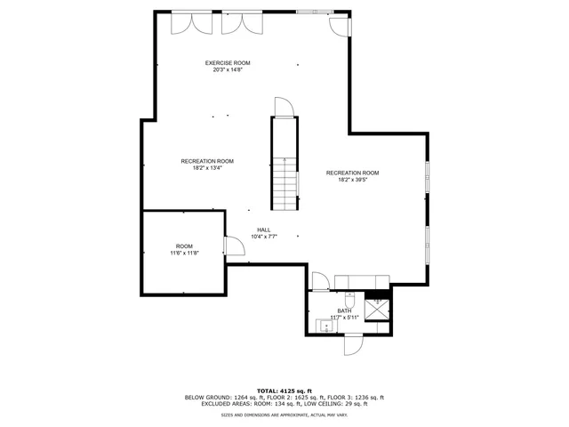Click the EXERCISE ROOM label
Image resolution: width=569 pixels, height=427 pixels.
click(x=228, y=63)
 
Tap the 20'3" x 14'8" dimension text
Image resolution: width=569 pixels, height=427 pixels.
click(x=228, y=70)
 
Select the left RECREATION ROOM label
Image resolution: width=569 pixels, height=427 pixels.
click(x=207, y=161)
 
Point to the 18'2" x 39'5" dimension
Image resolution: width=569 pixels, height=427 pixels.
click(x=352, y=180)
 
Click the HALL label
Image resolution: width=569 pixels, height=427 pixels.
click(x=264, y=230)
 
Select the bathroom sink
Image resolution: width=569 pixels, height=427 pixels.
click(x=326, y=326)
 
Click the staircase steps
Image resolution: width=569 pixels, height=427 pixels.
click(x=284, y=182)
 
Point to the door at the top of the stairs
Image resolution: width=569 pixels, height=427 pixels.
click(x=284, y=109)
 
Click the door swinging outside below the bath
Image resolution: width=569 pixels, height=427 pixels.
click(x=354, y=344)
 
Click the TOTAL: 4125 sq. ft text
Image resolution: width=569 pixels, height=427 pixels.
click(x=284, y=391)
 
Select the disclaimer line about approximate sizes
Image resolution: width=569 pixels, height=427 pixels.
click(x=284, y=415)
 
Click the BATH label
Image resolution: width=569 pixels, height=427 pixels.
click(x=344, y=310)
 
